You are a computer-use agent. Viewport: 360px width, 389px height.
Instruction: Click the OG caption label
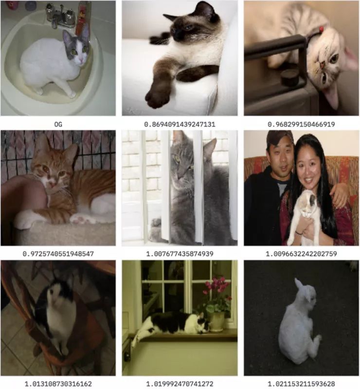pos(58,124)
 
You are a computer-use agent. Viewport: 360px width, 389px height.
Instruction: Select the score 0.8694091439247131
pos(180,124)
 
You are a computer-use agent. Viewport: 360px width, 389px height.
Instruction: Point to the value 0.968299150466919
pos(301,124)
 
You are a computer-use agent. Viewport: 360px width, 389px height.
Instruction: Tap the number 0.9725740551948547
pos(58,254)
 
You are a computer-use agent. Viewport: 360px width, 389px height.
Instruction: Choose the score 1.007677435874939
pos(180,254)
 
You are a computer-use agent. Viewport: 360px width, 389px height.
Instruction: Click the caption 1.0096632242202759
pos(301,254)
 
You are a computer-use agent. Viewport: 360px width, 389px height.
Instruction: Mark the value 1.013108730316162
pos(58,384)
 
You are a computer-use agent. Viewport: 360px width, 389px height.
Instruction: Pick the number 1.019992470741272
pos(180,384)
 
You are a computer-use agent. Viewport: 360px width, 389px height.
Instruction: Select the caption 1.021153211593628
pos(301,384)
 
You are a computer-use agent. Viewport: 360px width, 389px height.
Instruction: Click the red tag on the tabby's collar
pos(322,29)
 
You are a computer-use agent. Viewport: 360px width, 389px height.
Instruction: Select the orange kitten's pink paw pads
pos(81,219)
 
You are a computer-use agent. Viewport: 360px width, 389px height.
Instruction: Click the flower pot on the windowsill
pos(216,321)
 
